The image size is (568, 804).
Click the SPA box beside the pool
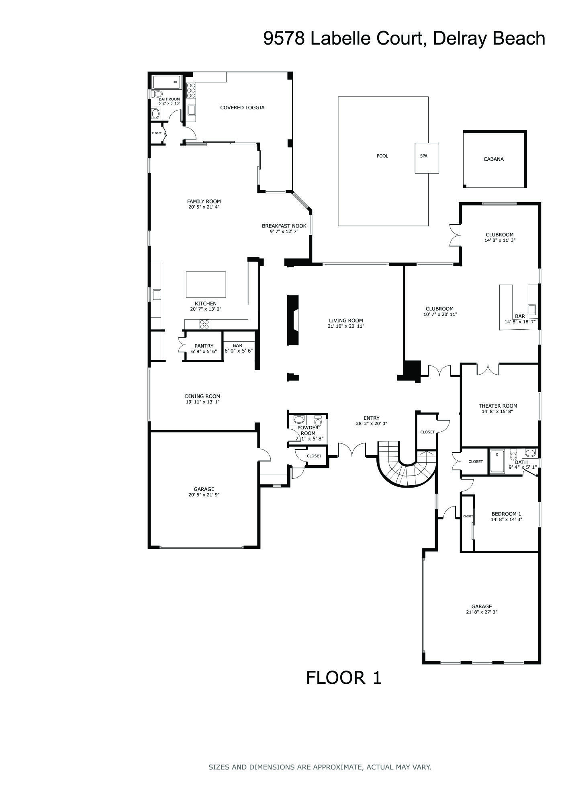[427, 158]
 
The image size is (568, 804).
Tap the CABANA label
[493, 159]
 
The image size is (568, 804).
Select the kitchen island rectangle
[206, 284]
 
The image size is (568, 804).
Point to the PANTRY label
[204, 346]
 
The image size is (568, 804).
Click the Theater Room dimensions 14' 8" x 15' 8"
[497, 412]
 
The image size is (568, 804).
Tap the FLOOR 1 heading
[343, 678]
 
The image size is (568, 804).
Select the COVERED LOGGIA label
[242, 108]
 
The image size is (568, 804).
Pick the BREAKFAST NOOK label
[284, 226]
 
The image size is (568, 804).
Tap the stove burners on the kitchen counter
[204, 324]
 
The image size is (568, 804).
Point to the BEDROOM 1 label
[506, 514]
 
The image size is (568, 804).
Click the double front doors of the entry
[351, 450]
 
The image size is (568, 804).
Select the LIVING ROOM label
[345, 320]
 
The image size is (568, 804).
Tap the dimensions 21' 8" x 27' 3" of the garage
[481, 612]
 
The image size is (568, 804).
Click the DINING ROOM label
[202, 396]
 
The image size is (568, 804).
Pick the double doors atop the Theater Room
[488, 369]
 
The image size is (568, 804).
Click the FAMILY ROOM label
[204, 201]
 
